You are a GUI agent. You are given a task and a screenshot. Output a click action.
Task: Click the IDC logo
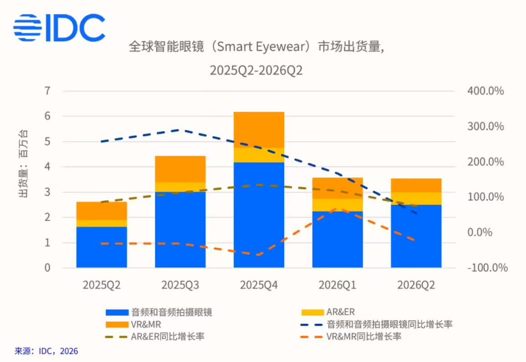point(59,27)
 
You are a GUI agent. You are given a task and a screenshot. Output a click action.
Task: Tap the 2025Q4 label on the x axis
point(259,285)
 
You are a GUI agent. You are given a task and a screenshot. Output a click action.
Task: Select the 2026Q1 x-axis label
point(337,285)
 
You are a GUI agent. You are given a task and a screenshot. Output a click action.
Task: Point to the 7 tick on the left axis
point(47,91)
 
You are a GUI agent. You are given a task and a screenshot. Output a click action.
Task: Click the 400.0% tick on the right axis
point(485,91)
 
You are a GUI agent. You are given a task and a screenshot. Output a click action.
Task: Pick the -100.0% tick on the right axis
point(487,268)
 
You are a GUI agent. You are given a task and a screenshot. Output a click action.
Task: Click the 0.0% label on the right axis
point(480,232)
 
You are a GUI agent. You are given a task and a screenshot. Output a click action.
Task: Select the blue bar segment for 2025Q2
point(102,247)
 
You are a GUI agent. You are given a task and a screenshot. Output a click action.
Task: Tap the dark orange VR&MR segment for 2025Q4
point(259,130)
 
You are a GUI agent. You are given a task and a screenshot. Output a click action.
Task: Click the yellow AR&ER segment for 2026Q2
point(416,199)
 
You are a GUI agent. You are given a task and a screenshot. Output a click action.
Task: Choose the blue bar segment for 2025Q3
point(180,229)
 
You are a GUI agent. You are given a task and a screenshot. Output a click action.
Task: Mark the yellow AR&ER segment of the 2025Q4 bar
point(259,155)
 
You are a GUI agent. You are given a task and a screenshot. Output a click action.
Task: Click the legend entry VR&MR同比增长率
point(351,337)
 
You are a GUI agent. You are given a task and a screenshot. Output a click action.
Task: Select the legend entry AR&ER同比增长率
point(155,337)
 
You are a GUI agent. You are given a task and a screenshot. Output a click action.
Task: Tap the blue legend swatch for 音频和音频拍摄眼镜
point(117,312)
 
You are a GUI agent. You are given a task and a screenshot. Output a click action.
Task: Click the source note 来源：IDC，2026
point(46,351)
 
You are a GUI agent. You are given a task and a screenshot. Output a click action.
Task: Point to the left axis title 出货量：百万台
point(23,163)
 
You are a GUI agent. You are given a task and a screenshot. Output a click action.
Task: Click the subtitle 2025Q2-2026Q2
point(256,71)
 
